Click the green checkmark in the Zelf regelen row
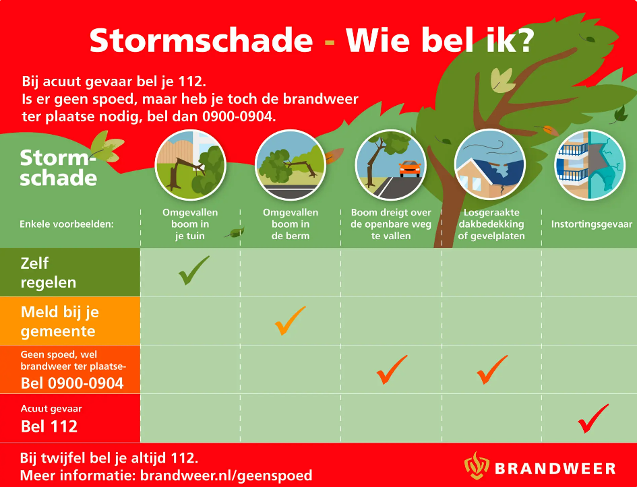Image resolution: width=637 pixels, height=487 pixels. [x=193, y=270]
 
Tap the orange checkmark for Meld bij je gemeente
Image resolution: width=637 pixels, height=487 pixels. [x=290, y=321]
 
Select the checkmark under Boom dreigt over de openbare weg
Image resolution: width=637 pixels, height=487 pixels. [x=392, y=370]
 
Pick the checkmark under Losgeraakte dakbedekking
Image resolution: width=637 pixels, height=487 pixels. [x=492, y=370]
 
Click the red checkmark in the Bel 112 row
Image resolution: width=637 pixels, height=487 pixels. [x=593, y=418]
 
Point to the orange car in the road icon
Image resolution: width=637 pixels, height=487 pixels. [x=409, y=168]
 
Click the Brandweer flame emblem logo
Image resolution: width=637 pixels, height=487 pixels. [x=477, y=466]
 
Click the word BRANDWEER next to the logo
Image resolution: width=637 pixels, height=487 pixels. [x=555, y=468]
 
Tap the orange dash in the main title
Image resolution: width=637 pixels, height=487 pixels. [x=330, y=42]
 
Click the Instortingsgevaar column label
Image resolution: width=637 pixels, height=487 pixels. [x=591, y=224]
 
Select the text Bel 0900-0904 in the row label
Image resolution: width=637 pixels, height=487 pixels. [x=72, y=384]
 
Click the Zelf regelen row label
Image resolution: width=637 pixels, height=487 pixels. [x=49, y=272]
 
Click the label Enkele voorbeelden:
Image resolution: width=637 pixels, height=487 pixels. [x=67, y=224]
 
